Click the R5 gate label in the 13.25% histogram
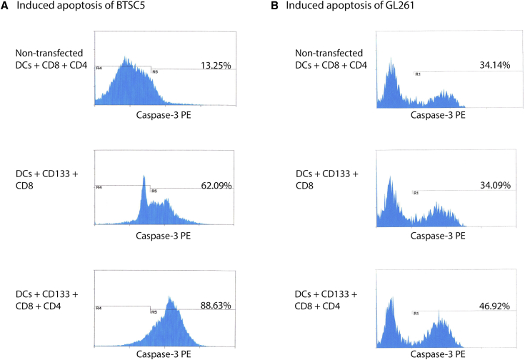click(155, 72)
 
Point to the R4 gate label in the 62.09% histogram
click(99, 187)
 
